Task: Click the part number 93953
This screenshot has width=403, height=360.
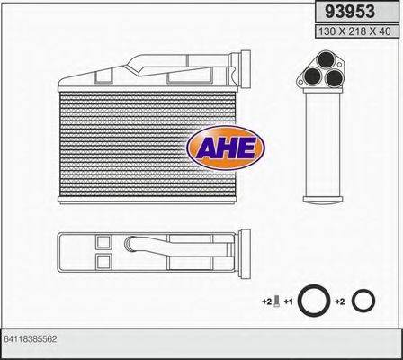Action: [x=350, y=12]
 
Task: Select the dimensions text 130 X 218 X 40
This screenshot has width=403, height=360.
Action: [x=354, y=31]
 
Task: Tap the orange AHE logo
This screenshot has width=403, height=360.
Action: [x=226, y=148]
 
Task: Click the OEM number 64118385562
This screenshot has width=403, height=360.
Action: [x=31, y=339]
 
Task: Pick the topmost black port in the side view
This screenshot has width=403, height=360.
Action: [x=326, y=59]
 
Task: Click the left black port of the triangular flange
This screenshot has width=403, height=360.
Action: [x=312, y=76]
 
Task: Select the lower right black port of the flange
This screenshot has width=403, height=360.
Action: [x=334, y=78]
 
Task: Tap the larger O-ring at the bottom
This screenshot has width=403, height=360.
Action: [x=314, y=301]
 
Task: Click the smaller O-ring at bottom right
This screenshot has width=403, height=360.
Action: [x=363, y=301]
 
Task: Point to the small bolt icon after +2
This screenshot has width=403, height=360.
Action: [x=277, y=301]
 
